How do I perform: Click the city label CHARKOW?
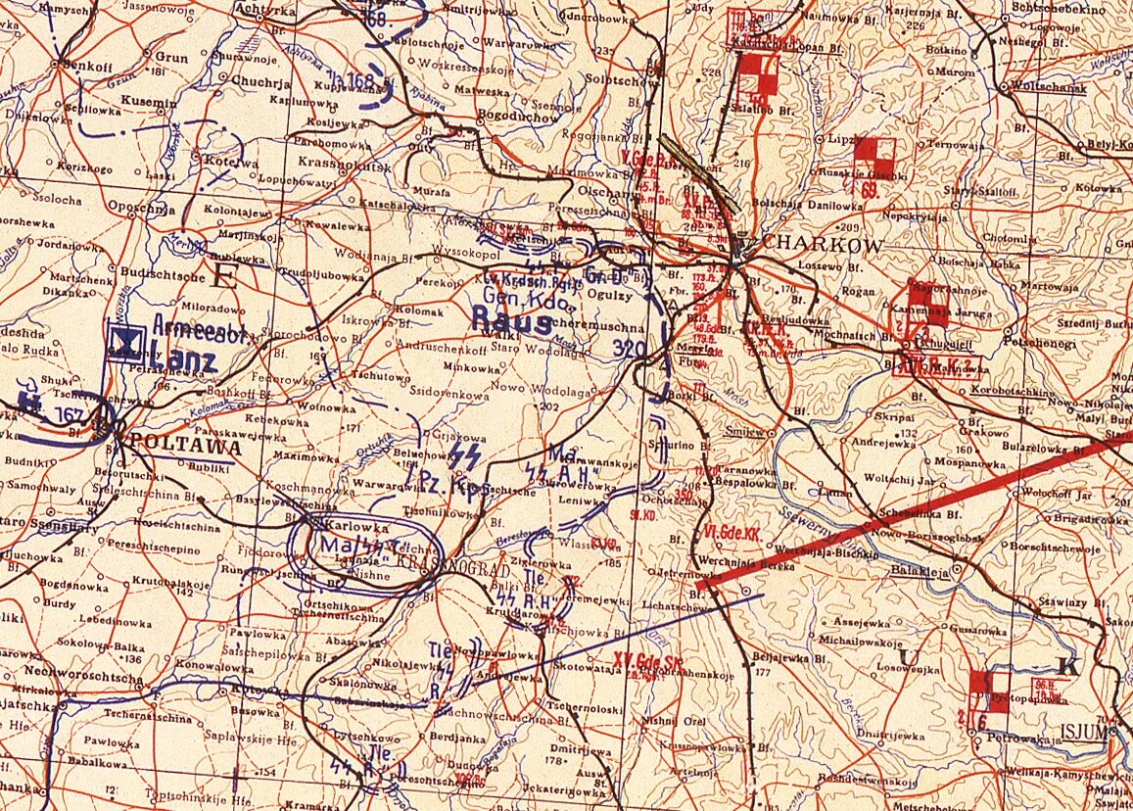[x=822, y=245]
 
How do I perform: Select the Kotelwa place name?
[x=228, y=163]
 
